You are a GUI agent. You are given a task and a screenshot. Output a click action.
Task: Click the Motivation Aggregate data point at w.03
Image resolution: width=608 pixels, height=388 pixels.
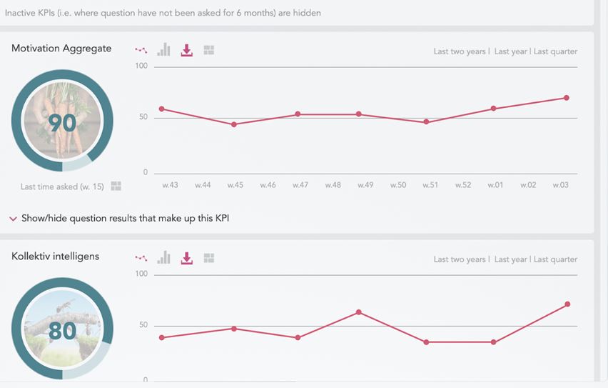click(567, 98)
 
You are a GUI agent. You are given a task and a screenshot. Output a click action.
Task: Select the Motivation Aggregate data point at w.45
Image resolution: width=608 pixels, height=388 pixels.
click(234, 124)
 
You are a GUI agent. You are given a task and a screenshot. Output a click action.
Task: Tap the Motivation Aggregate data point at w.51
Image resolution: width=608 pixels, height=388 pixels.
click(426, 122)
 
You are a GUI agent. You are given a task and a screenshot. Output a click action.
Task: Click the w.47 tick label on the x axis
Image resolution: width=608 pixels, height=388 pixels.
click(300, 185)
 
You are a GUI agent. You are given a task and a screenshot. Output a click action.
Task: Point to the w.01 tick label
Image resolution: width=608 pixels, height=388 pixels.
click(495, 185)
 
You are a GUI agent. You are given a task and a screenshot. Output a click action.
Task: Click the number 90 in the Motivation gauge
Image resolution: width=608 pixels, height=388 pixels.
click(62, 124)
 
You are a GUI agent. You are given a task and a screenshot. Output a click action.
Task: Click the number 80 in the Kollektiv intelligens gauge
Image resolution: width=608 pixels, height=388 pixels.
click(62, 332)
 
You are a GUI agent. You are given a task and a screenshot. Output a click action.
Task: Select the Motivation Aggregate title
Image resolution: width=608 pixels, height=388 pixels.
click(61, 49)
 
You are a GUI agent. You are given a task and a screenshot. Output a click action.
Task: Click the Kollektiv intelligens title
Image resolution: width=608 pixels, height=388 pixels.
click(56, 257)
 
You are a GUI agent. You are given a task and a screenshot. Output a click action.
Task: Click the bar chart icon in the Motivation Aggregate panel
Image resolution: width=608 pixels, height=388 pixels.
click(164, 50)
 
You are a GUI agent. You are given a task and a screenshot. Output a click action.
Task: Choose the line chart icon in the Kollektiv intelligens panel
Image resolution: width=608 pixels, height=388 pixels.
click(141, 258)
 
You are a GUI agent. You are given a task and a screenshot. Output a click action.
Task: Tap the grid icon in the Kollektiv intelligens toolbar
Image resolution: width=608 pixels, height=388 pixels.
click(209, 258)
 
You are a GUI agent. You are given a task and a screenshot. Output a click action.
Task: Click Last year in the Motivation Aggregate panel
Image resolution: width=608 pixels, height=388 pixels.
click(510, 51)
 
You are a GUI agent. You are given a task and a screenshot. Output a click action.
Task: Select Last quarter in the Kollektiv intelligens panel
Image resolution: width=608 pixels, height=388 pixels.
click(555, 259)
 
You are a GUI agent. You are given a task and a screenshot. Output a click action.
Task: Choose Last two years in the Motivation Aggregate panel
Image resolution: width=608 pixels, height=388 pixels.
click(460, 51)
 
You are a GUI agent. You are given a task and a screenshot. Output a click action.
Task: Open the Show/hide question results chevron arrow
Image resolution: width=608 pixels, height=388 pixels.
click(14, 219)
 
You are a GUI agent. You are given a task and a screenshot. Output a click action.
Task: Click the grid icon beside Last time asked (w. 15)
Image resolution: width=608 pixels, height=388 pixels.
click(116, 186)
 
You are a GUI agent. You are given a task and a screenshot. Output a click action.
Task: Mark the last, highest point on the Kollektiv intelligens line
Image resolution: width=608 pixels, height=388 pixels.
click(567, 304)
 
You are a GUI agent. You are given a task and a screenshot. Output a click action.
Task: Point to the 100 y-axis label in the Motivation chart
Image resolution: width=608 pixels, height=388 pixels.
click(141, 66)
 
